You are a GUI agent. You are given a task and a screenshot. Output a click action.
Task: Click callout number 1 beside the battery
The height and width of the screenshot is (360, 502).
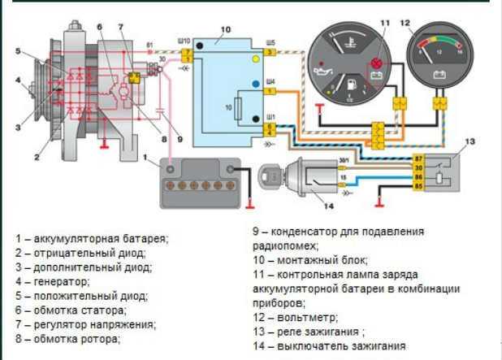[x=144, y=155]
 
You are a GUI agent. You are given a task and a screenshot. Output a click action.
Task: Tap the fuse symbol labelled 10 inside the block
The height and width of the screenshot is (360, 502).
[x=237, y=106]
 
